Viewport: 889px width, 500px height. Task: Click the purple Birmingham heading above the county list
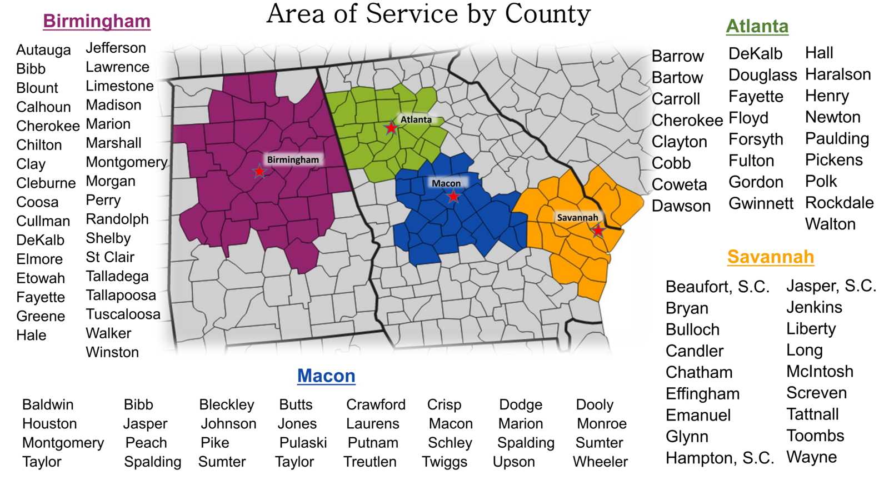coord(97,21)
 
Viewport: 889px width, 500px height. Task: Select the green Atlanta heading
coord(757,26)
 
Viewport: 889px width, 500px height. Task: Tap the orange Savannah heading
coord(770,257)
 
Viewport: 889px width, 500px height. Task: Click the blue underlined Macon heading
coord(326,376)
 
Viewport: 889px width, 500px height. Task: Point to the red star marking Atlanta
coord(391,128)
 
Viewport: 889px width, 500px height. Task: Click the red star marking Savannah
coord(598,230)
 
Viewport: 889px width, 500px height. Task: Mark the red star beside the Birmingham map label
coord(259,172)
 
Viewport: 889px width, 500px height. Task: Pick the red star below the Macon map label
coord(453,196)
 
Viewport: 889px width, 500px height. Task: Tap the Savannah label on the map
coord(577,218)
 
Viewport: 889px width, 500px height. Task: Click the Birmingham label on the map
coord(293,160)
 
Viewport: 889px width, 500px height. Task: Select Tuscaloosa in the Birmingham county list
coord(123,314)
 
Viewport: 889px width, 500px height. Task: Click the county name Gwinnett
coord(761,203)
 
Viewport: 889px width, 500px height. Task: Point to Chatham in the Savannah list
coord(699,372)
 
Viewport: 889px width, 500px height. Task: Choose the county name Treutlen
coord(370,462)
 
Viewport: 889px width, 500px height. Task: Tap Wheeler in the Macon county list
coord(600,462)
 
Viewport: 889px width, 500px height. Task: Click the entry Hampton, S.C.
coord(720,458)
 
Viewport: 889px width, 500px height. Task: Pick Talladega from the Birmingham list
coord(117,276)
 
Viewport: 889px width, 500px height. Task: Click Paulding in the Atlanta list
coord(837,138)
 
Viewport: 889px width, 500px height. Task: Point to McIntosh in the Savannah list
coord(820,371)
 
